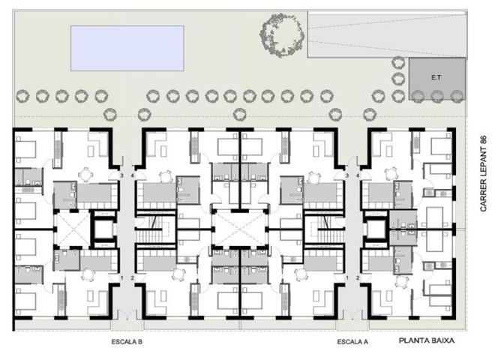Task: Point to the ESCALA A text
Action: [352, 341]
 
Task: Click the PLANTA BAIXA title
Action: [426, 340]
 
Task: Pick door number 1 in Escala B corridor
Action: [121, 278]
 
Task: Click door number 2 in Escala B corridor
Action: [133, 278]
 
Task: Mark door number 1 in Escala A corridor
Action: [346, 278]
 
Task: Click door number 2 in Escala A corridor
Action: [358, 278]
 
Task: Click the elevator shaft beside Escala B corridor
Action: [103, 226]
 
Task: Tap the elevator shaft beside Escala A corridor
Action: [376, 226]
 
